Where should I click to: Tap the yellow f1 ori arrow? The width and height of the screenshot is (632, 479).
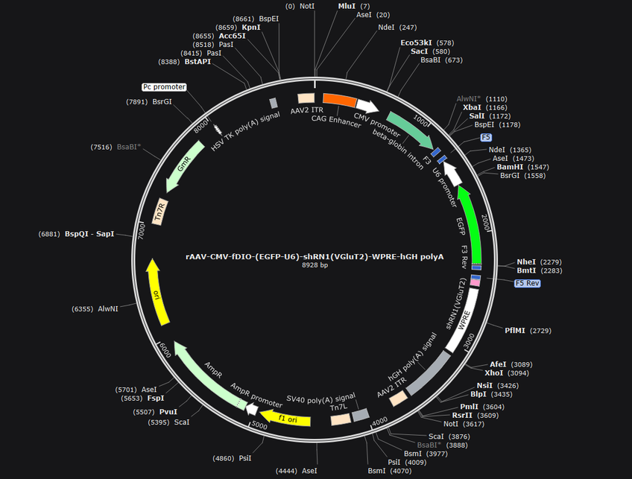[x=285, y=418]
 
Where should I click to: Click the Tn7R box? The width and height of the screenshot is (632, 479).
[x=160, y=212]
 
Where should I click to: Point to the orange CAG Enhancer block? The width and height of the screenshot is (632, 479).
[x=340, y=100]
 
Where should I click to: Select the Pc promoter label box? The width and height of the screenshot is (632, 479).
[x=165, y=87]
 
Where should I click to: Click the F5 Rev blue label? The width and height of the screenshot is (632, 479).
[x=527, y=283]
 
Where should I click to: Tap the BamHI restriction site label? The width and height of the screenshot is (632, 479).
[x=510, y=167]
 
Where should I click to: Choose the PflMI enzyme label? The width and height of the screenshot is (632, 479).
[x=515, y=330]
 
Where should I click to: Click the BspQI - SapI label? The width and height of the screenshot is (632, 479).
[x=89, y=234]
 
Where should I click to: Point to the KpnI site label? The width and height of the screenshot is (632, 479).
[x=250, y=28]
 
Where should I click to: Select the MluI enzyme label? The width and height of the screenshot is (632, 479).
[x=347, y=6]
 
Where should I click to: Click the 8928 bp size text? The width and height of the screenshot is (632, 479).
[x=315, y=265]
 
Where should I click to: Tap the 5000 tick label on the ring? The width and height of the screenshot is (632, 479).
[x=259, y=425]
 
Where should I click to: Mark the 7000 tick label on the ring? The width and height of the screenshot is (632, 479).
[x=141, y=232]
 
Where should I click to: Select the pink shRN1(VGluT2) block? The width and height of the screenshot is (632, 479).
[x=475, y=283]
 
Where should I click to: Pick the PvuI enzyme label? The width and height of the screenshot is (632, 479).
[x=168, y=412]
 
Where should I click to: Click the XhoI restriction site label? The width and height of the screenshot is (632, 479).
[x=493, y=373]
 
